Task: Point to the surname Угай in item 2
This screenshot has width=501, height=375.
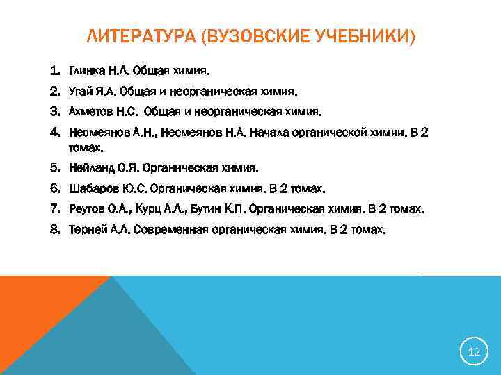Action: [x=81, y=91]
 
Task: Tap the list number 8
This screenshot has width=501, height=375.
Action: [x=55, y=228]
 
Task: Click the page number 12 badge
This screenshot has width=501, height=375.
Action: [x=474, y=352]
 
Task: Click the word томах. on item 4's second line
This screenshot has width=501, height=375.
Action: [x=86, y=148]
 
